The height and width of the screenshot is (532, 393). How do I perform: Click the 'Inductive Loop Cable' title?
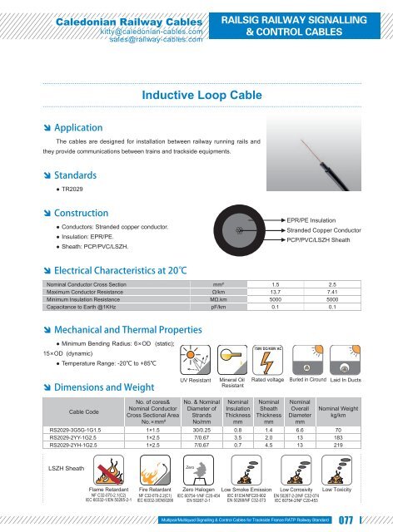196,95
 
